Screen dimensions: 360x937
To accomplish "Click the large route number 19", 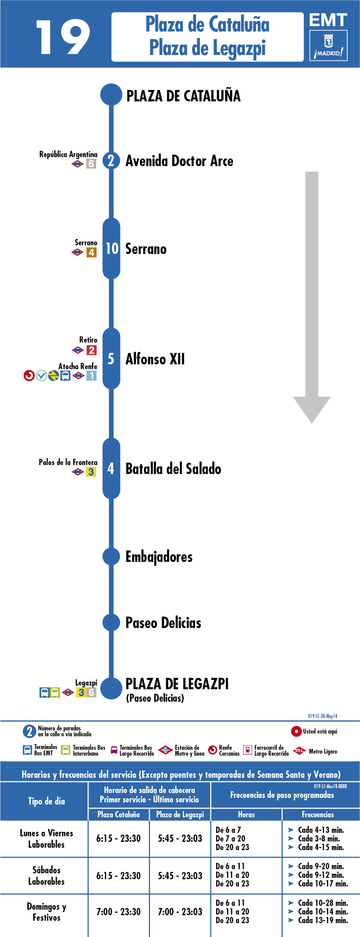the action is (x=63, y=37).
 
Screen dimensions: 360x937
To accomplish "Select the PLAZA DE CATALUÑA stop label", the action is (x=183, y=96).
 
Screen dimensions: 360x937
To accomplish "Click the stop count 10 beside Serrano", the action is (x=112, y=249).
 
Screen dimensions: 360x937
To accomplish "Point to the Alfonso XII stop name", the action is (x=155, y=359).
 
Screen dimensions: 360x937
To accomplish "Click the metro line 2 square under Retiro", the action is (x=91, y=350).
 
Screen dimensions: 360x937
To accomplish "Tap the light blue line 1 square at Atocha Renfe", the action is (x=91, y=375).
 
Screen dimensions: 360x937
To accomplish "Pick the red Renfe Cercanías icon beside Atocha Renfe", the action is (x=29, y=375).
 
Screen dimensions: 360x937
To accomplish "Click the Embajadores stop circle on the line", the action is (x=111, y=556).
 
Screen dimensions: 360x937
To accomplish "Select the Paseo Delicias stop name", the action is (x=163, y=623).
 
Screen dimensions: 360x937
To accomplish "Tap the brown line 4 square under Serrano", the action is (x=91, y=252).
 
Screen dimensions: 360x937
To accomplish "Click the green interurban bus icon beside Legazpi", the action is (x=55, y=692).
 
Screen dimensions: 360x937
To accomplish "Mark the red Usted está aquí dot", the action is (x=296, y=731).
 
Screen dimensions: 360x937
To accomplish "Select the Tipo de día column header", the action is (x=46, y=801).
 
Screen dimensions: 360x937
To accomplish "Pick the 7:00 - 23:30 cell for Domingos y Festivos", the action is (x=119, y=911).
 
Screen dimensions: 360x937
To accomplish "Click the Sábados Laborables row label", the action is (x=47, y=875).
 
